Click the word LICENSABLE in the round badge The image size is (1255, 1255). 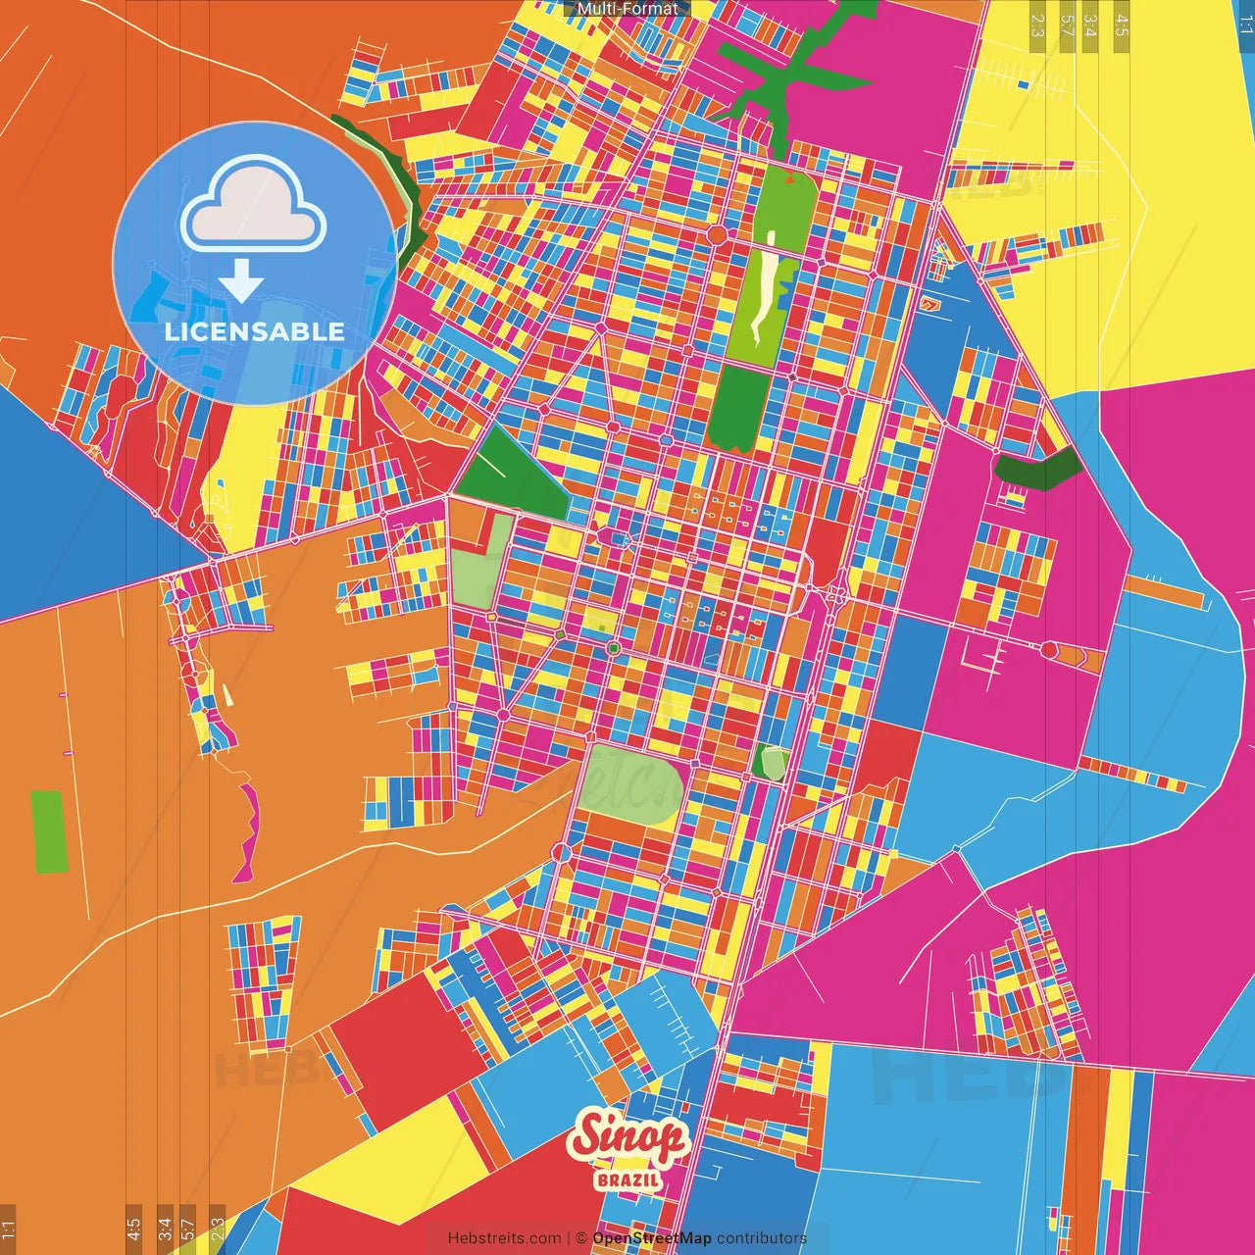click(x=255, y=331)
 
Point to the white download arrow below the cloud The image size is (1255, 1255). click(x=241, y=280)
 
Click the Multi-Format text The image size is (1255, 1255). click(x=627, y=9)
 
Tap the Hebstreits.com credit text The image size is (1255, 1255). click(x=504, y=1238)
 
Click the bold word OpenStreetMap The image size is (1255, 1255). click(x=652, y=1238)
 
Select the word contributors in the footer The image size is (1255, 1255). click(x=762, y=1238)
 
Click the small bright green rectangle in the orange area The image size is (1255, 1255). click(x=49, y=831)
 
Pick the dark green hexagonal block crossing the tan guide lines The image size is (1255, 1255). click(x=1037, y=469)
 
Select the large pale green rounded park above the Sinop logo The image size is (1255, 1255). click(x=627, y=784)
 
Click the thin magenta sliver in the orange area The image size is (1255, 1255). click(x=247, y=833)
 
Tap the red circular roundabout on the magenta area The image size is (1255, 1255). click(x=1048, y=649)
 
